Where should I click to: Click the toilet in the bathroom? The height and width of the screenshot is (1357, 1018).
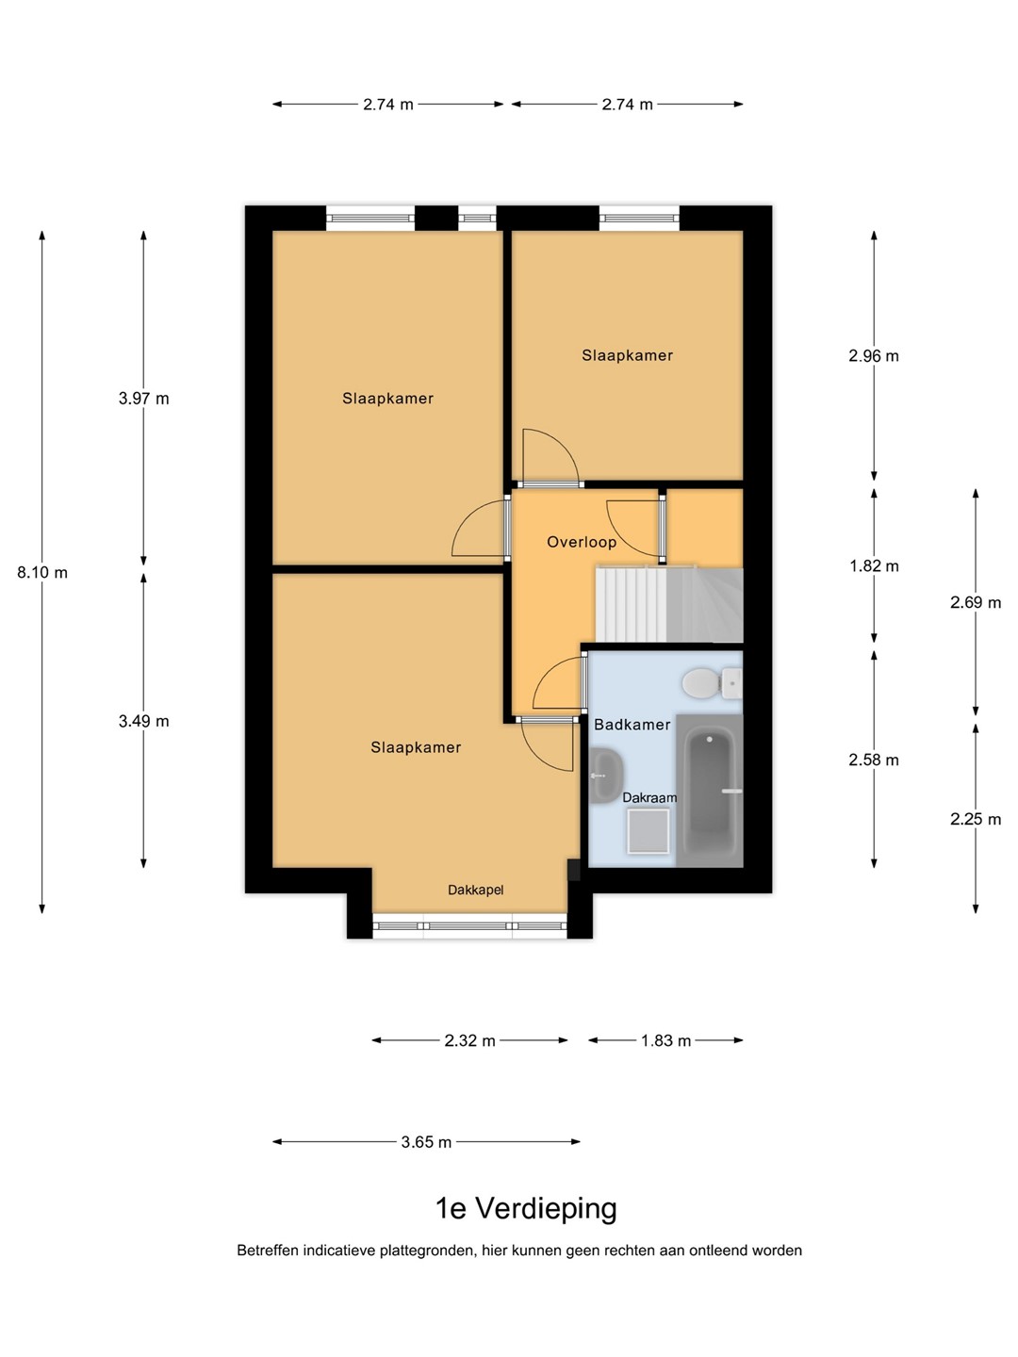tap(712, 683)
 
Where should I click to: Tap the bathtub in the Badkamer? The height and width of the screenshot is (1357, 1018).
tap(710, 791)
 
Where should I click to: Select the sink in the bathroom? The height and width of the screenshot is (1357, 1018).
tap(605, 776)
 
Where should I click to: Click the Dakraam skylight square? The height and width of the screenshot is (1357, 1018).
tap(649, 830)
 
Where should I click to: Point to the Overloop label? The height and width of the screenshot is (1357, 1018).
tap(582, 542)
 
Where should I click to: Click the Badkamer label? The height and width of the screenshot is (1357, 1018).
tap(632, 725)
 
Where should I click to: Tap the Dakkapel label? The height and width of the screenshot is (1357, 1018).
tap(475, 891)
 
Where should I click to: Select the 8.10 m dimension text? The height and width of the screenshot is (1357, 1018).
tap(42, 572)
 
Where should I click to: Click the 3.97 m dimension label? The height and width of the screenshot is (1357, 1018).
tap(143, 399)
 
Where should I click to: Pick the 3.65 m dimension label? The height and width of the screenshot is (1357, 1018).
tap(426, 1142)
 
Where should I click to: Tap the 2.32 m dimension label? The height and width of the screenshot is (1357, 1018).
tap(469, 1040)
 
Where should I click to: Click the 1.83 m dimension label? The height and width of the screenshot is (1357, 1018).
tap(665, 1040)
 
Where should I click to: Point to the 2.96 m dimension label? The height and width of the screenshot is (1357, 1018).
tap(874, 356)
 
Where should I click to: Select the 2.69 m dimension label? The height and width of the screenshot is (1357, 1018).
tap(976, 602)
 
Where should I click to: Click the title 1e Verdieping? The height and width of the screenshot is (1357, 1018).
tap(527, 1209)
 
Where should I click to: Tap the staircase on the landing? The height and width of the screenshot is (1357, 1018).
tap(669, 603)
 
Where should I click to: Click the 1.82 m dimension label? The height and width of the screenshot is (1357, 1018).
tap(874, 566)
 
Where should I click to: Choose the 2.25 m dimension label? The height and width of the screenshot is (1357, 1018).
tap(976, 819)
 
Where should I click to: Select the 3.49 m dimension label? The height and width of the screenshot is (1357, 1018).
tap(143, 722)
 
